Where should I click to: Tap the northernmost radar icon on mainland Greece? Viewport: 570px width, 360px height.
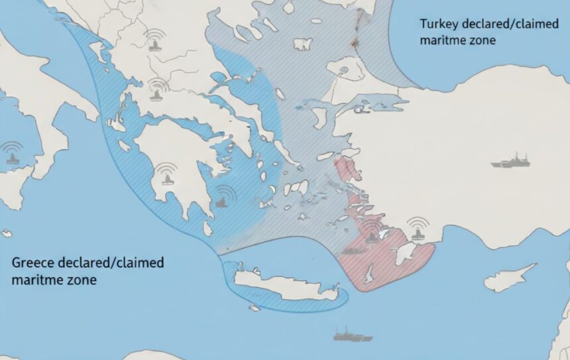(x=156, y=42)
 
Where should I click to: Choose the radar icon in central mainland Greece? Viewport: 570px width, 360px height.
(x=158, y=89)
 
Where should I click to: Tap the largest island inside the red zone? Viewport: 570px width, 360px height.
(x=406, y=253)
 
